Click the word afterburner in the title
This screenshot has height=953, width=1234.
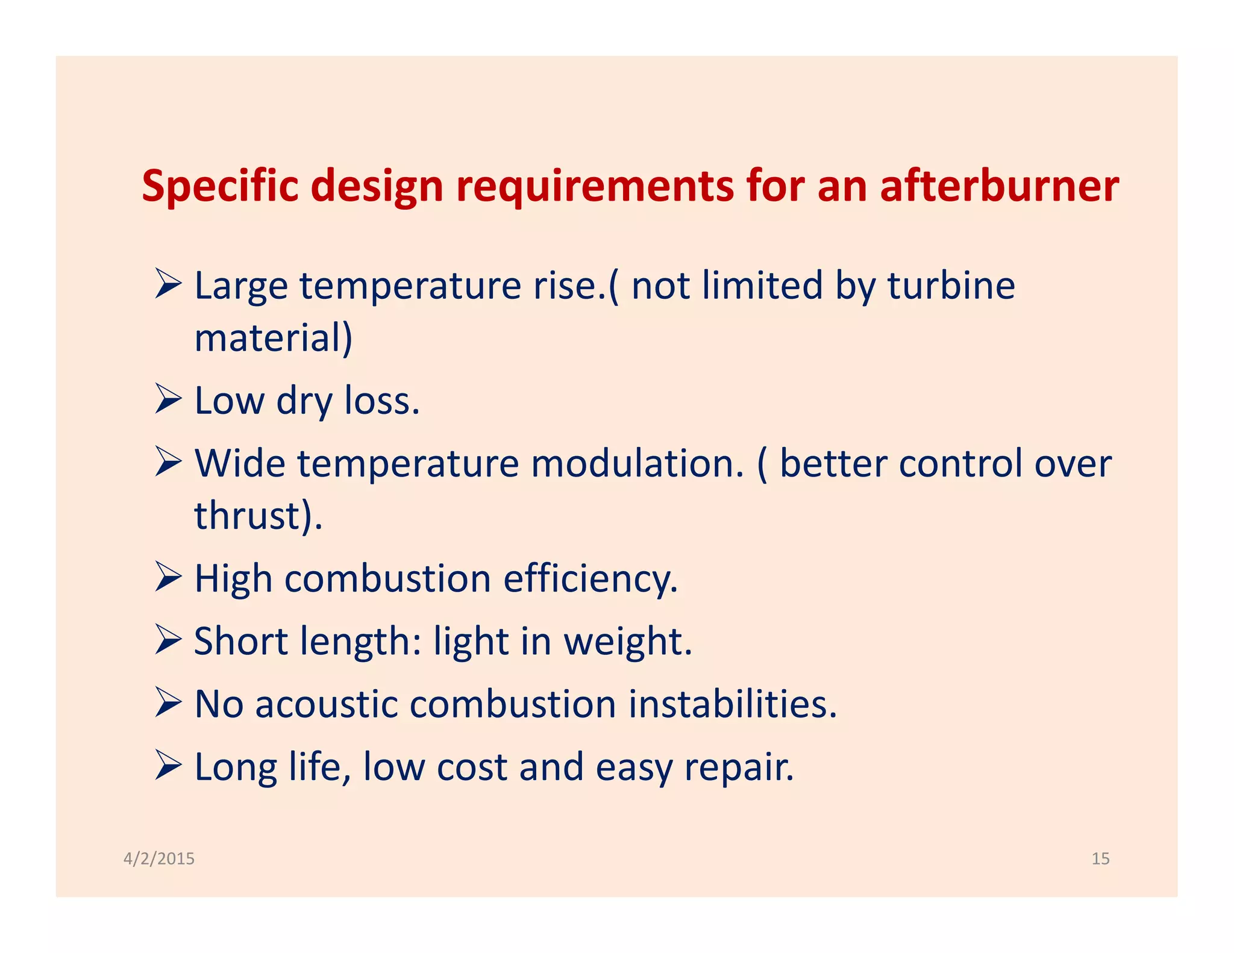(999, 186)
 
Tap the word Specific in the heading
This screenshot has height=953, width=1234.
(220, 186)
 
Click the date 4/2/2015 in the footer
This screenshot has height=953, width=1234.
(159, 858)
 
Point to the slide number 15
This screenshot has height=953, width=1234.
(1100, 858)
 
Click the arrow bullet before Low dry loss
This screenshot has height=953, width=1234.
(168, 399)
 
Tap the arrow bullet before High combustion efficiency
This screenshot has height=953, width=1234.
(168, 577)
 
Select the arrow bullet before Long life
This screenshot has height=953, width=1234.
(168, 765)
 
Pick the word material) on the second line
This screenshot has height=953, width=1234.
(273, 338)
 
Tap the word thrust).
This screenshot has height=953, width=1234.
(258, 516)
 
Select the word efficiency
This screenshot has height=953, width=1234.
(590, 578)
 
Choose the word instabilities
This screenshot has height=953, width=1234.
(732, 704)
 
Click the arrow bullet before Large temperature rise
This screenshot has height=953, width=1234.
(168, 284)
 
